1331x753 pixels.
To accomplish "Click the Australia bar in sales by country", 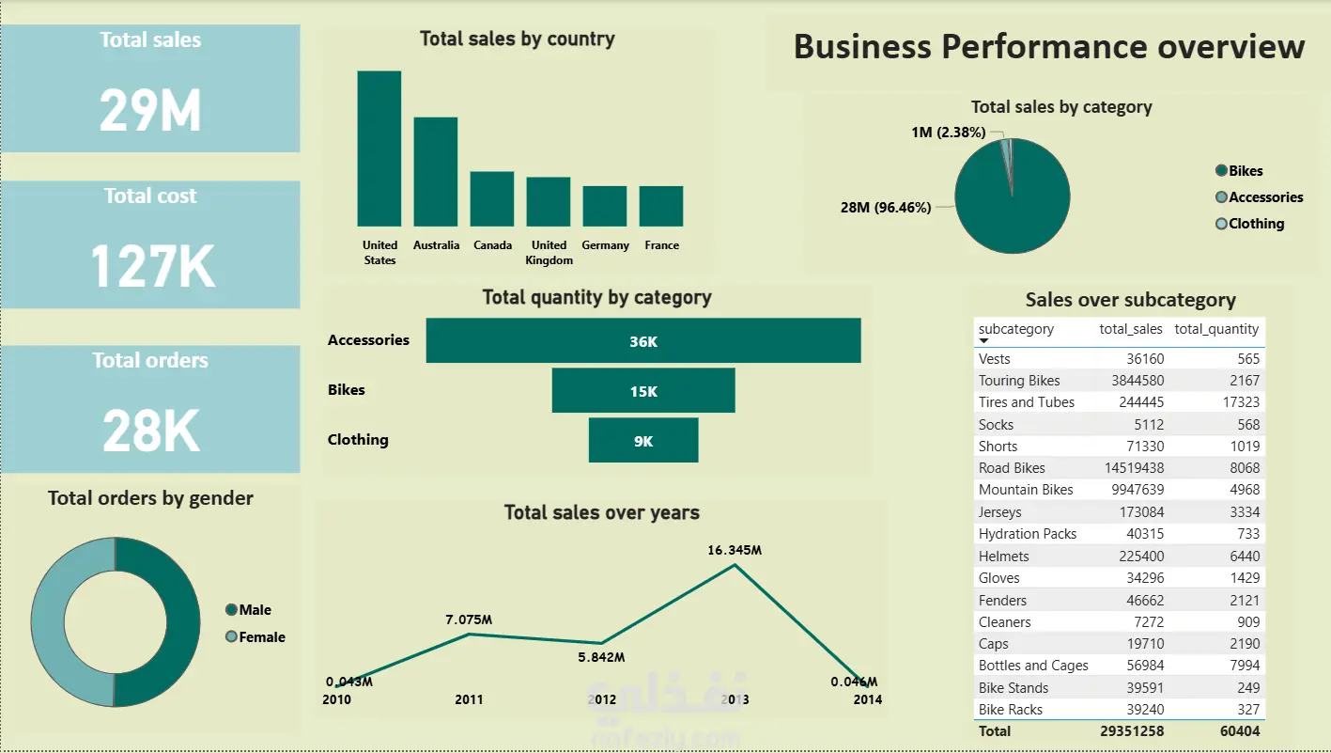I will [x=435, y=171].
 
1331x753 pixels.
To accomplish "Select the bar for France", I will [x=661, y=206].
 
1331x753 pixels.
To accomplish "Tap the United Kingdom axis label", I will [x=549, y=252].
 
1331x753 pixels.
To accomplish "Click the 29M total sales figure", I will [x=150, y=111].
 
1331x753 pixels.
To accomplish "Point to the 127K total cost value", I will [x=152, y=266].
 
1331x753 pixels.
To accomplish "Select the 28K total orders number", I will [x=151, y=431].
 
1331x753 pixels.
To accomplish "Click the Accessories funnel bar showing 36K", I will [x=643, y=340].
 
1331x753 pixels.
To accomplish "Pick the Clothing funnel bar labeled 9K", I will [x=643, y=440].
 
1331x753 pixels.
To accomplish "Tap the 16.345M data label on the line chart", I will [x=735, y=550].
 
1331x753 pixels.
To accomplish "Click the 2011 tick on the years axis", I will [x=469, y=699].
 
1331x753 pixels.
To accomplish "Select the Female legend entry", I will [x=261, y=637].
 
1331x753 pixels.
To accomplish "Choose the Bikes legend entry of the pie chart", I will [x=1246, y=171].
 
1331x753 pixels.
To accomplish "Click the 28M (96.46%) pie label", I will [x=886, y=208].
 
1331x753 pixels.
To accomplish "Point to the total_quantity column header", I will [x=1216, y=329].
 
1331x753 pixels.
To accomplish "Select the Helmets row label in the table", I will [x=1004, y=556].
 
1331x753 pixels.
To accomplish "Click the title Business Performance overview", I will [x=1049, y=47].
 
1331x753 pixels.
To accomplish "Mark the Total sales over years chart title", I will [x=601, y=512].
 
